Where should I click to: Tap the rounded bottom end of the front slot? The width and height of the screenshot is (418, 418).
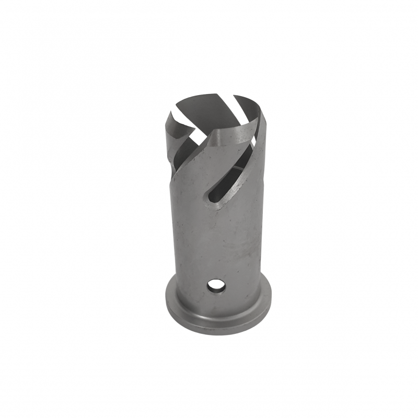click(210, 198)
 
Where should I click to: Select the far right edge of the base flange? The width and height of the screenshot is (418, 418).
click(270, 303)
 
